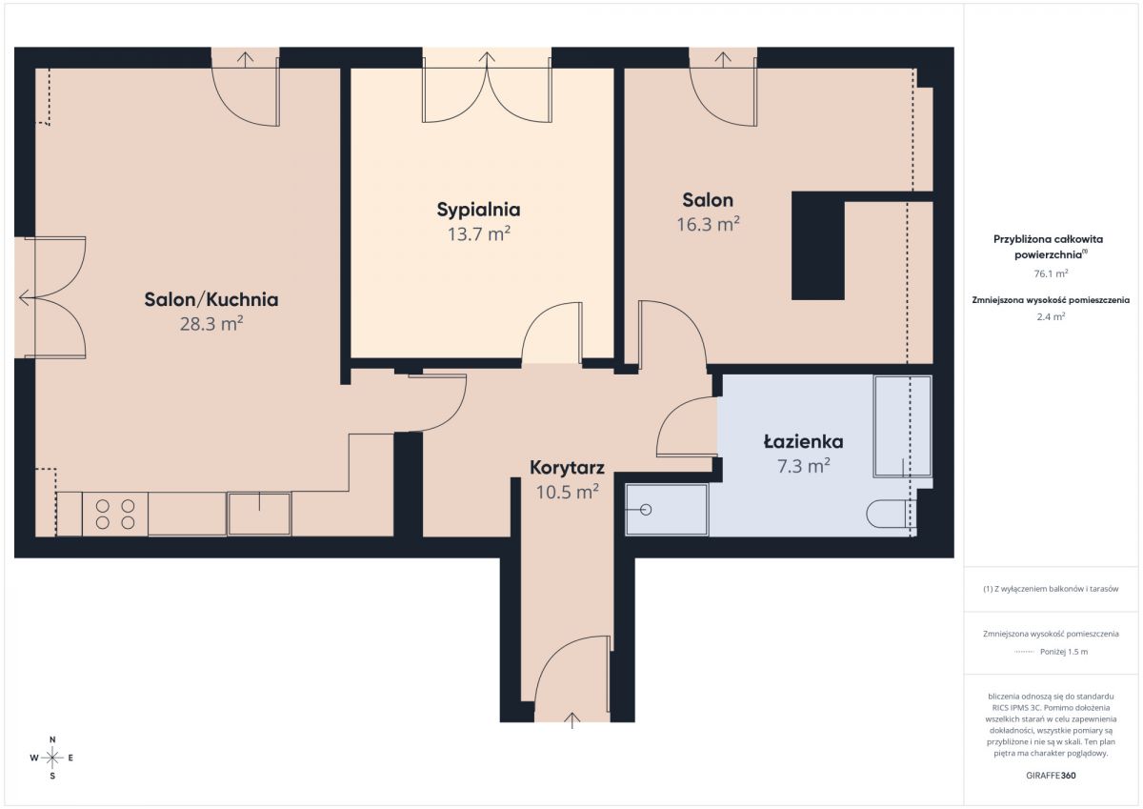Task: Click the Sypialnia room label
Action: click(478, 210)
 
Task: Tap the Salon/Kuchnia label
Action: click(211, 299)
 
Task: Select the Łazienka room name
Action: click(803, 441)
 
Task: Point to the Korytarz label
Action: click(567, 468)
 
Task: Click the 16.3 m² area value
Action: click(708, 224)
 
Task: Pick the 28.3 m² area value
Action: click(211, 324)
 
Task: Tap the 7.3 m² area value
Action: click(803, 466)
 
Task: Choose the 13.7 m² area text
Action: click(478, 233)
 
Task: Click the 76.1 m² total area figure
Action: click(1051, 273)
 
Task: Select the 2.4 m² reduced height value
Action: click(1051, 316)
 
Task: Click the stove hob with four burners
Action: click(115, 514)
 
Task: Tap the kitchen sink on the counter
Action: click(259, 514)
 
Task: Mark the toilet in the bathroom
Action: click(891, 514)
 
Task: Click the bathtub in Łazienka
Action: click(902, 426)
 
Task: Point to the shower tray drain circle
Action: click(646, 510)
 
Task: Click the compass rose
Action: click(52, 758)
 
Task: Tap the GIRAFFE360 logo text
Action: click(1051, 776)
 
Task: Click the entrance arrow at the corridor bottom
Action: click(572, 720)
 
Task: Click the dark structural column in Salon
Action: click(818, 246)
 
